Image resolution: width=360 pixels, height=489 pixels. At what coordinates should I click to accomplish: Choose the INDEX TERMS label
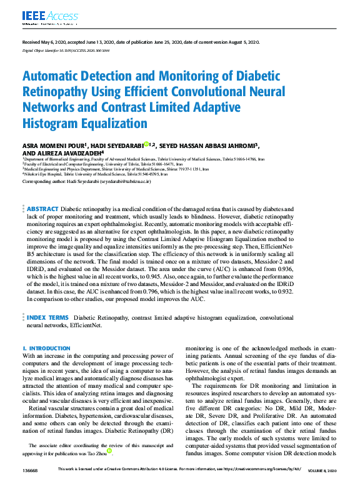pyautogui.click(x=51, y=318)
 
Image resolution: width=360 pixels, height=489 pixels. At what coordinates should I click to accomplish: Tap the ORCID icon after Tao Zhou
pyautogui.click(x=109, y=450)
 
